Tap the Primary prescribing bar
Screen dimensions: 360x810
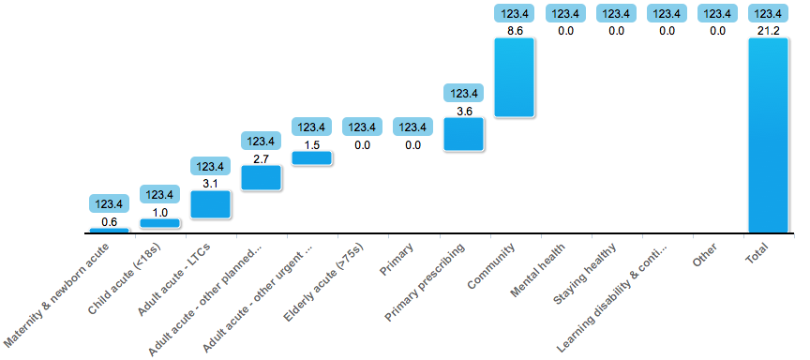click(463, 134)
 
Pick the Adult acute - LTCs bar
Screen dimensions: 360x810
click(210, 204)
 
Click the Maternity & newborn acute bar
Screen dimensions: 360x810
click(109, 230)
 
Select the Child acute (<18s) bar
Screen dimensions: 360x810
click(159, 223)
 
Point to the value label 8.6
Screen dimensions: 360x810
click(515, 31)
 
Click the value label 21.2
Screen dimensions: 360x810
click(768, 31)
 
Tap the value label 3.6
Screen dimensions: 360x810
click(463, 111)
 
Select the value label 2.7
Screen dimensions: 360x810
click(261, 158)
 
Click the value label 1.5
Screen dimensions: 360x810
click(311, 144)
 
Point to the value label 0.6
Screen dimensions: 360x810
click(109, 221)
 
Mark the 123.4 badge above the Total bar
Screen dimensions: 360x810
click(768, 13)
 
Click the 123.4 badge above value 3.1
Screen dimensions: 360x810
click(210, 166)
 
